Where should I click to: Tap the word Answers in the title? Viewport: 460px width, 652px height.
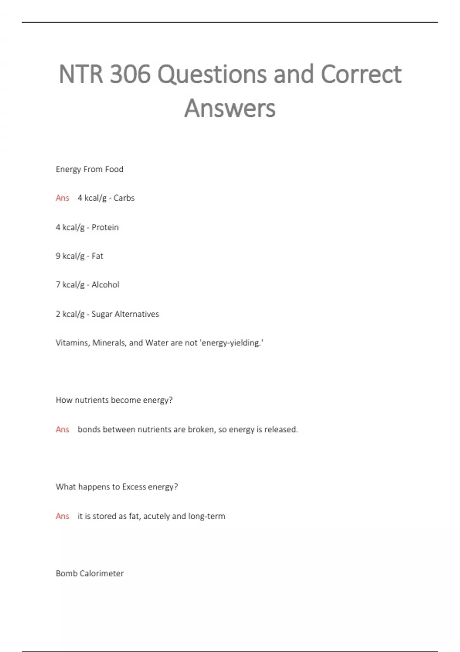click(230, 108)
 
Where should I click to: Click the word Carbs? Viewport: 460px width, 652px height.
click(124, 198)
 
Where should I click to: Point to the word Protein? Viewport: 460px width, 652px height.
click(105, 227)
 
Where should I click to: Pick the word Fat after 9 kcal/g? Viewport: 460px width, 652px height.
click(97, 256)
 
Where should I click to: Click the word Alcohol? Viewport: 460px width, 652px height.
click(105, 285)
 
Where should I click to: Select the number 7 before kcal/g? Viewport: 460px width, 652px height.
click(58, 285)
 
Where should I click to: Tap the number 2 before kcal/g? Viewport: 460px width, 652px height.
click(58, 314)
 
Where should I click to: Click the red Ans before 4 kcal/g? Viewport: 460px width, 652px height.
click(62, 198)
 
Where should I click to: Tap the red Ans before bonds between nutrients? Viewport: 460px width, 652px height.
click(62, 430)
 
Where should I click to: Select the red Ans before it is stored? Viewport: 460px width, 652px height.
click(62, 516)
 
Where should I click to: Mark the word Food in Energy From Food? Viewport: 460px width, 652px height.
click(114, 169)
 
